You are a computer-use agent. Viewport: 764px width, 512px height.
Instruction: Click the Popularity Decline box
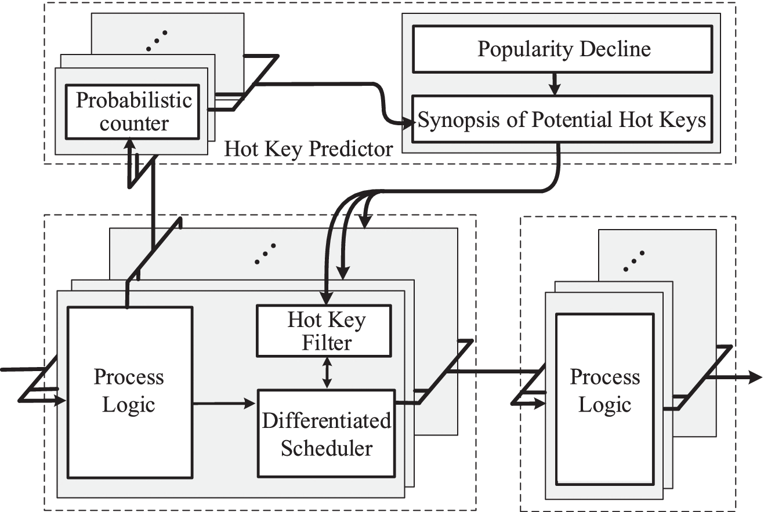(563, 49)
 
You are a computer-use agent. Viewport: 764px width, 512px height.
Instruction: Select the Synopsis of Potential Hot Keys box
(562, 120)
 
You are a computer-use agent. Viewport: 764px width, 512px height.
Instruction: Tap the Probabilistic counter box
(133, 111)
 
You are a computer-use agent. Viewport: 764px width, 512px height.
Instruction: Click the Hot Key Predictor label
(308, 149)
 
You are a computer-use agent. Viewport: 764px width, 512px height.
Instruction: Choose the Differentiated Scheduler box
(326, 433)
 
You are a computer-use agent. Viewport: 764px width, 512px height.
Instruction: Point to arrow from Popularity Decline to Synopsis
(555, 84)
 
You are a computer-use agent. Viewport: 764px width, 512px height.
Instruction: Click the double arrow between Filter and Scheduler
(327, 372)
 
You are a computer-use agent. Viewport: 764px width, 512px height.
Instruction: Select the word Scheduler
(327, 448)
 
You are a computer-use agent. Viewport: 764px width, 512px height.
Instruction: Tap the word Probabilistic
(133, 100)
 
